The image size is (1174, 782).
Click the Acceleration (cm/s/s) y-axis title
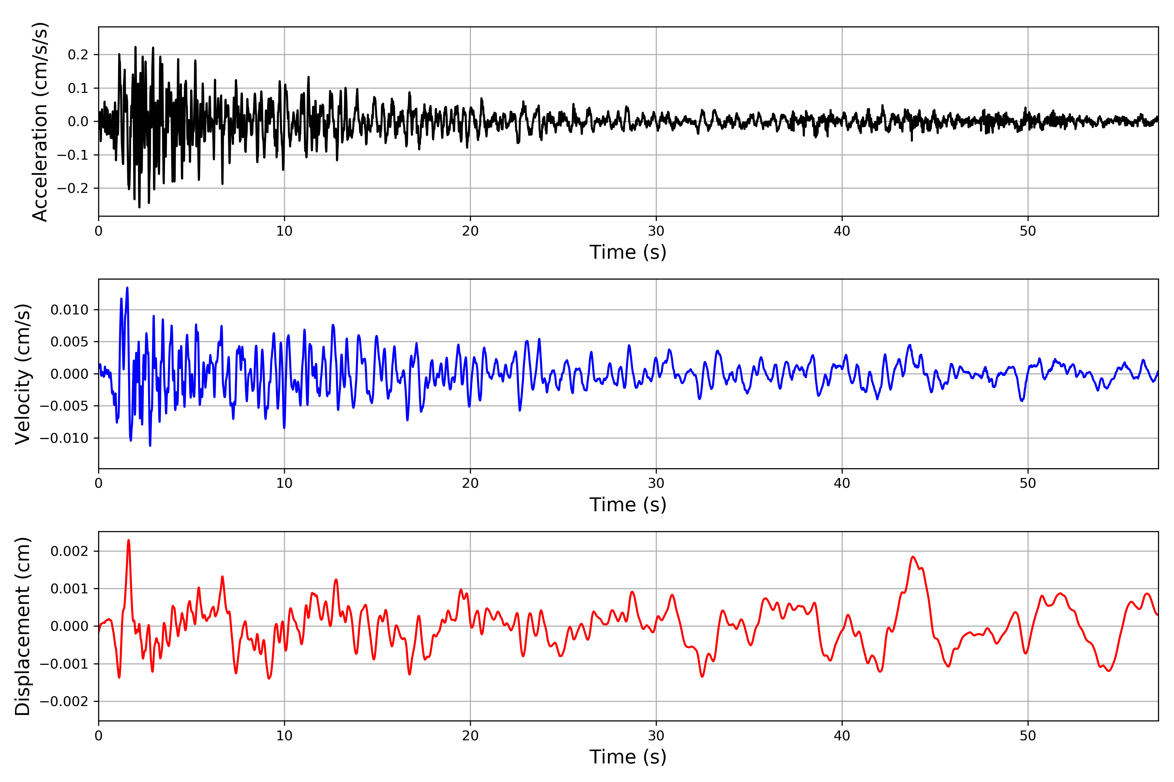(x=40, y=121)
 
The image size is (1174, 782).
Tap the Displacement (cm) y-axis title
(x=23, y=626)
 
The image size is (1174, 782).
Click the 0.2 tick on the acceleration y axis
(x=78, y=55)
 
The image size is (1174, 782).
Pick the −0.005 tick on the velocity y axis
(x=64, y=406)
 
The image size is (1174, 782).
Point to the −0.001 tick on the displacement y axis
(x=64, y=664)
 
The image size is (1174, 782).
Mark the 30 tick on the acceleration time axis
(x=656, y=231)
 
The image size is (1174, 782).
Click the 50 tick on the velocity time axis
(x=1028, y=483)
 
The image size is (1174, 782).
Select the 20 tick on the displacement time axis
(x=470, y=736)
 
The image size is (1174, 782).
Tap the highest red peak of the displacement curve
(x=129, y=540)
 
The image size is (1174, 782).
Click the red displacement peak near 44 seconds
(x=913, y=557)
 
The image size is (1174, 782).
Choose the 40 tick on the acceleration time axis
(x=842, y=231)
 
